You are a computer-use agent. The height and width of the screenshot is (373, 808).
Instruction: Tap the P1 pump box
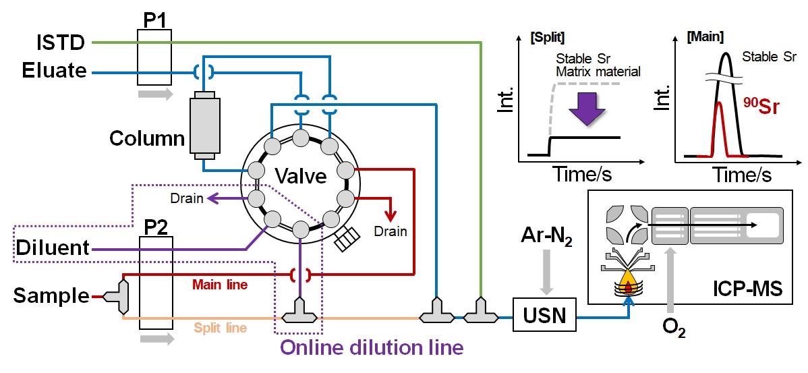click(153, 57)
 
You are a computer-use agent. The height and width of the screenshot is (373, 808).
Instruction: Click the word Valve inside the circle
click(300, 177)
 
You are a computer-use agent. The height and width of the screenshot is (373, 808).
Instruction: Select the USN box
click(544, 314)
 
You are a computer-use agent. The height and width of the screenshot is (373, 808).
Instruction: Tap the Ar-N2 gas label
click(546, 236)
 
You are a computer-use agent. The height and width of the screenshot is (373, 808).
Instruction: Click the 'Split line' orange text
click(220, 328)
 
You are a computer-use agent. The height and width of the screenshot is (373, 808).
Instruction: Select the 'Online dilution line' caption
click(372, 348)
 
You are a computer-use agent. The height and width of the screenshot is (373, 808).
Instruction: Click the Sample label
click(51, 295)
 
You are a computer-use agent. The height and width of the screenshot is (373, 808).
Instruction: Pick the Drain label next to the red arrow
click(392, 231)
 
